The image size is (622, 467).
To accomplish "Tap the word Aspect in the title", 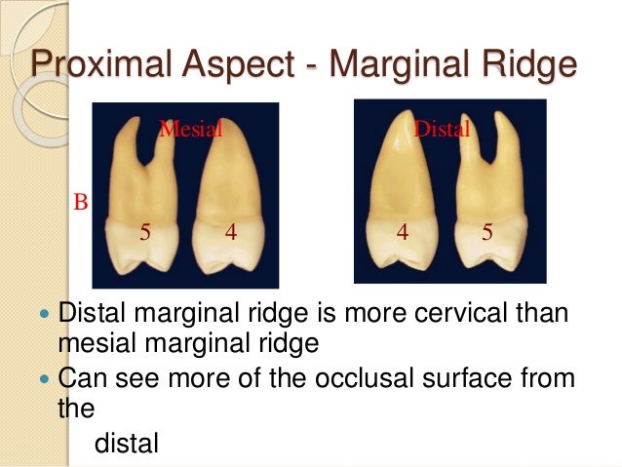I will pos(233,66).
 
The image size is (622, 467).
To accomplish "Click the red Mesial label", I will pos(191,127).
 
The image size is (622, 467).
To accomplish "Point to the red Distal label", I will pos(443,129).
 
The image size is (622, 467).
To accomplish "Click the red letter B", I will pos(81,203).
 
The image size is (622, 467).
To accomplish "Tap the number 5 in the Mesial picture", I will pos(145,233).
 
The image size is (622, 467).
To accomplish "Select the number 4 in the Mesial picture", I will pos(230,233).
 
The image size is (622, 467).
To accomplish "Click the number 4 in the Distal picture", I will pos(401,233).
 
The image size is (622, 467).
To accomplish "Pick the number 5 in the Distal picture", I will pos(486,233).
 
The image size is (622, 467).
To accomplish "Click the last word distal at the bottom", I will pos(127,444).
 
